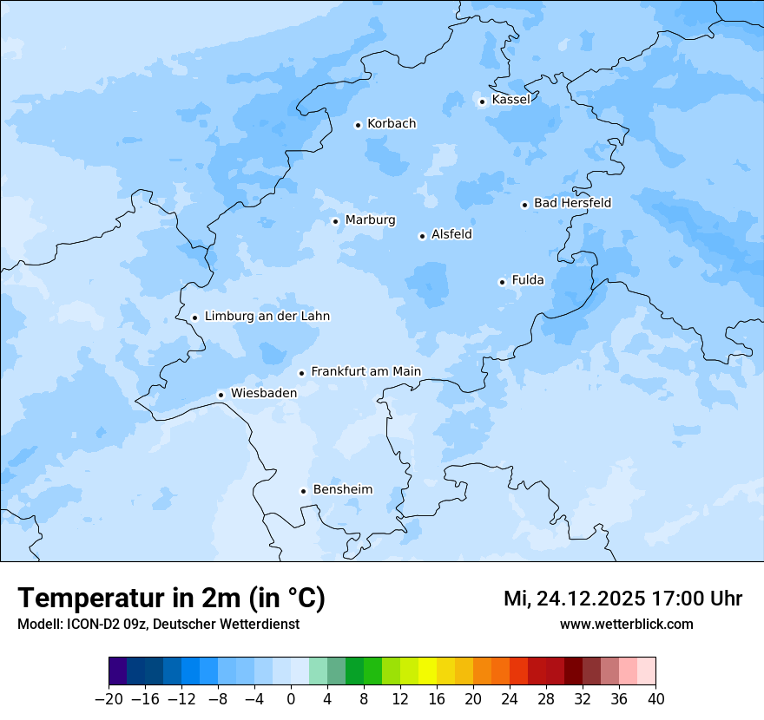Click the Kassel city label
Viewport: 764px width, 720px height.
(510, 100)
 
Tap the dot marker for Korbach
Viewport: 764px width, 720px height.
(358, 125)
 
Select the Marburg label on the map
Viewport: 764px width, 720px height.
(370, 220)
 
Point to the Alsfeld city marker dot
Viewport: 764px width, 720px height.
(422, 236)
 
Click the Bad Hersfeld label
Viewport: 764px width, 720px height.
(572, 203)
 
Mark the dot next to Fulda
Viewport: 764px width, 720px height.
(502, 282)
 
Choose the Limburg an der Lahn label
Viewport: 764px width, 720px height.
(267, 317)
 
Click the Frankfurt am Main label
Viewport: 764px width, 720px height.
(366, 372)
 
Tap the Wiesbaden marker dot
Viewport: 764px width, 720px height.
(221, 395)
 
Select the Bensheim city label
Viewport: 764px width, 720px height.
(342, 490)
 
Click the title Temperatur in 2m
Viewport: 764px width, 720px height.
(171, 599)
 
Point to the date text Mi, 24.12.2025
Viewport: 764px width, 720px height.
(574, 599)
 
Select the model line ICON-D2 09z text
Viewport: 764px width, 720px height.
(158, 624)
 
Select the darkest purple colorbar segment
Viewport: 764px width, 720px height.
(117, 671)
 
